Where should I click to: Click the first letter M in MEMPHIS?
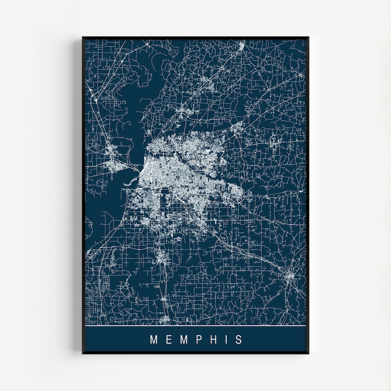(x=154, y=340)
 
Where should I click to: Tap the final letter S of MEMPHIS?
(x=239, y=340)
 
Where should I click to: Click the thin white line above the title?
(x=195, y=326)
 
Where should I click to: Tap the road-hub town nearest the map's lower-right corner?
(x=290, y=278)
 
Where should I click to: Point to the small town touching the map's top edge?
(x=242, y=44)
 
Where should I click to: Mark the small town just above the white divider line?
(x=165, y=319)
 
